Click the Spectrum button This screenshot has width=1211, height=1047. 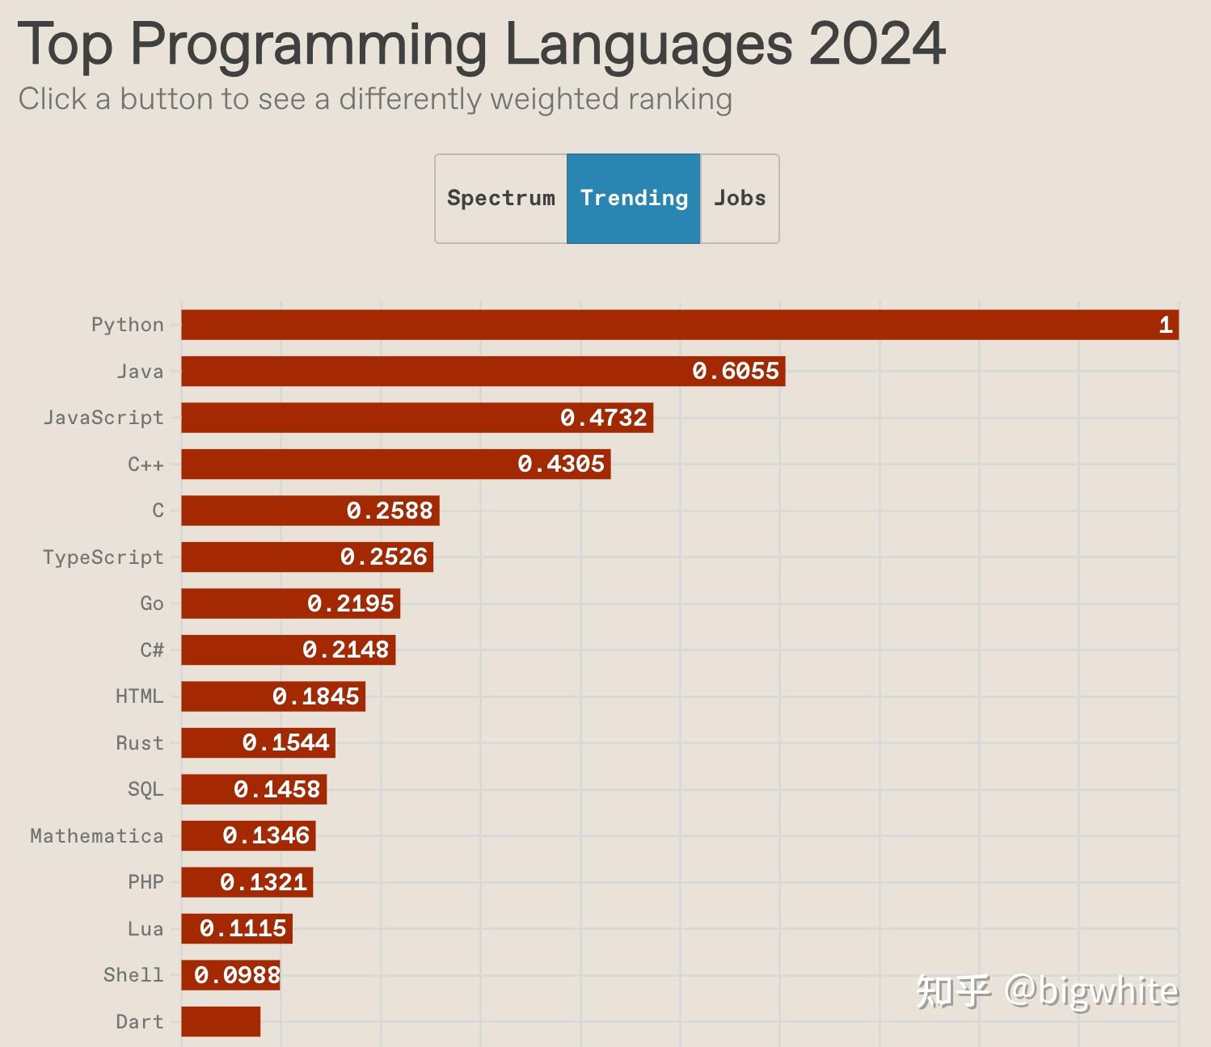click(x=501, y=198)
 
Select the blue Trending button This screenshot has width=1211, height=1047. click(x=634, y=198)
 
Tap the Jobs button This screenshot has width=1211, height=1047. click(x=740, y=198)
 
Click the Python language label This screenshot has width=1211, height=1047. click(x=128, y=325)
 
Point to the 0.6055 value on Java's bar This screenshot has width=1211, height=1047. click(x=736, y=371)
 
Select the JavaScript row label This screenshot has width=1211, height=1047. click(x=103, y=418)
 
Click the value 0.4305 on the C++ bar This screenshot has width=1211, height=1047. click(x=561, y=464)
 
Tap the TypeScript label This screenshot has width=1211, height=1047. click(x=103, y=557)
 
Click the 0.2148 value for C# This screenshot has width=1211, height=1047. click(x=346, y=650)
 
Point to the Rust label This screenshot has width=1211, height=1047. click(x=140, y=743)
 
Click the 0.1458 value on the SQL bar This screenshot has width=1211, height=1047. click(x=277, y=789)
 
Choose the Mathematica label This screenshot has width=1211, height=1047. click(x=97, y=836)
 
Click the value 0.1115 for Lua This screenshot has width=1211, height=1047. click(x=243, y=928)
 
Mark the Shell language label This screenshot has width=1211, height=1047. click(x=133, y=975)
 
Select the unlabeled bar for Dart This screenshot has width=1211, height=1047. click(x=221, y=1021)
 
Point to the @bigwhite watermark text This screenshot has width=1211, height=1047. click(x=1091, y=991)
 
